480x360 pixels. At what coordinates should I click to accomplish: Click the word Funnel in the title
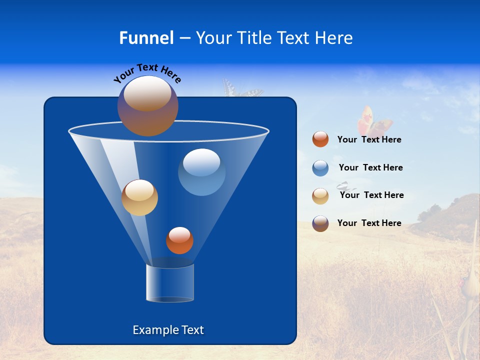[x=146, y=38]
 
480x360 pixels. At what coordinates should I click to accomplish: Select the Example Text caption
[x=168, y=330]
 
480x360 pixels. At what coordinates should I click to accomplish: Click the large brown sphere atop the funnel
[x=148, y=106]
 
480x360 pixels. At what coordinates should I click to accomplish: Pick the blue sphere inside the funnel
[x=201, y=172]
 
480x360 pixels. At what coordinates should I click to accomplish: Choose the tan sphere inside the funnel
[x=139, y=197]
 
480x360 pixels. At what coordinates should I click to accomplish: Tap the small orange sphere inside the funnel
[x=179, y=240]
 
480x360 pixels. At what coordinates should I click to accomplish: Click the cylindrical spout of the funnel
[x=170, y=283]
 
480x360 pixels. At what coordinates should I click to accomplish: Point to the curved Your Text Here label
[x=147, y=73]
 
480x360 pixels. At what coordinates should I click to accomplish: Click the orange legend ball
[x=320, y=139]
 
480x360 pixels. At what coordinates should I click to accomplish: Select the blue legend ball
[x=320, y=168]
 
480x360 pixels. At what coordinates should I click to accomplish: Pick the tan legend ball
[x=320, y=195]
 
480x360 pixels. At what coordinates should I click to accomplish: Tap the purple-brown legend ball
[x=320, y=223]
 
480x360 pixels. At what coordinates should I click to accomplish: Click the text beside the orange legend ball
[x=369, y=140]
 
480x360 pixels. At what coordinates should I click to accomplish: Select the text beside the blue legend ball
[x=370, y=168]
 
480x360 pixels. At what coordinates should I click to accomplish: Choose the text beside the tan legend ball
[x=371, y=195]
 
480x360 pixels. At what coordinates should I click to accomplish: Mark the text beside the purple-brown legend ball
[x=369, y=223]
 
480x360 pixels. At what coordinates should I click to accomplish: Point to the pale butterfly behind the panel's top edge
[x=242, y=89]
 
